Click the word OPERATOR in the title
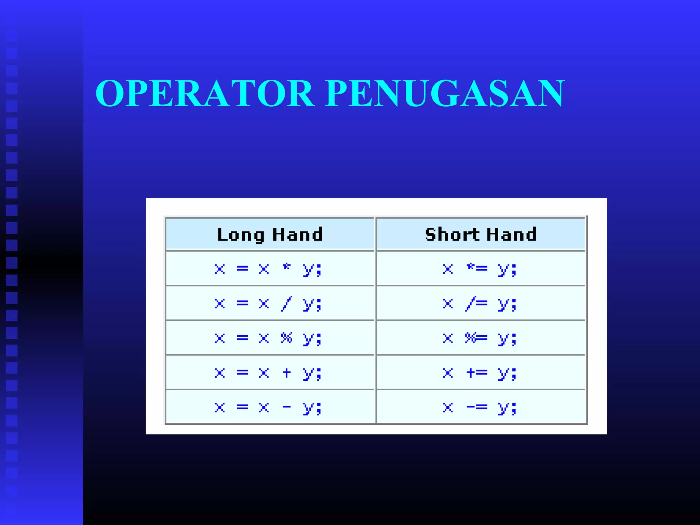pyautogui.click(x=204, y=93)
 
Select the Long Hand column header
pyautogui.click(x=270, y=234)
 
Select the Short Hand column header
pyautogui.click(x=481, y=234)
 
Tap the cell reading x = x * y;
pyautogui.click(x=268, y=269)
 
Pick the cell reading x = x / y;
pyautogui.click(x=268, y=304)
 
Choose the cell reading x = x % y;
pyautogui.click(x=268, y=338)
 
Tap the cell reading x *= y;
pyautogui.click(x=480, y=269)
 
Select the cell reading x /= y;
pyautogui.click(x=480, y=304)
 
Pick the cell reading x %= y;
pyautogui.click(x=480, y=338)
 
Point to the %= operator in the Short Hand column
pyautogui.click(x=476, y=338)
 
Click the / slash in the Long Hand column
pyautogui.click(x=286, y=304)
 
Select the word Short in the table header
pyautogui.click(x=452, y=234)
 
